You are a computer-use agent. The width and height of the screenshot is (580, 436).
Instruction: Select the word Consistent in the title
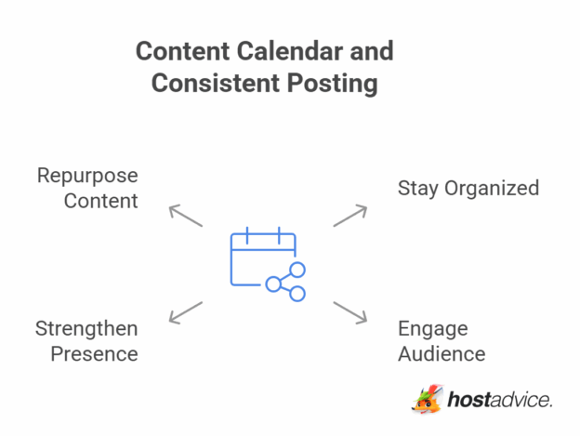click(209, 83)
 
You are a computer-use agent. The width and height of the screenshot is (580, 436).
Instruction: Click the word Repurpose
click(87, 176)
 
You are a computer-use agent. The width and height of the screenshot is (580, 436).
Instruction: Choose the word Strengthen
click(86, 328)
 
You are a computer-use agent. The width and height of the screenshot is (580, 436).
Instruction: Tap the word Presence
click(94, 353)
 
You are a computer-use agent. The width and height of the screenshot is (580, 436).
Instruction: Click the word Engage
click(432, 329)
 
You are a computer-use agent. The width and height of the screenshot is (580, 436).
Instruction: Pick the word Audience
click(442, 353)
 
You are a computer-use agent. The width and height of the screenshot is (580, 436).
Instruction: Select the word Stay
click(415, 188)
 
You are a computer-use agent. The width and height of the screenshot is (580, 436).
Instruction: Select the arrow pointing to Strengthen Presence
click(185, 312)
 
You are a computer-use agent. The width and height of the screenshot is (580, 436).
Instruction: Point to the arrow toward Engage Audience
click(350, 312)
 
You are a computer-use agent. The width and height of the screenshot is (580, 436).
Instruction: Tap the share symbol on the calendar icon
click(287, 282)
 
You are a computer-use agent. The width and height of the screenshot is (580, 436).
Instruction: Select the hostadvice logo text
click(499, 401)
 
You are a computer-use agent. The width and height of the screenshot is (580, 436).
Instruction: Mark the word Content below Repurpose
click(100, 200)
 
